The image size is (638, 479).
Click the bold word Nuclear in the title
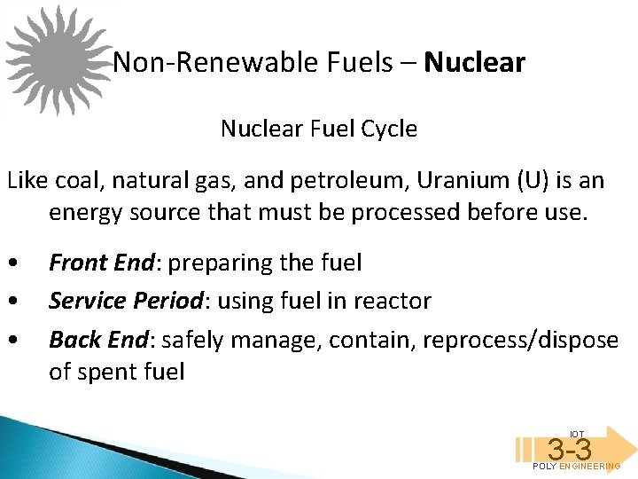[x=474, y=63]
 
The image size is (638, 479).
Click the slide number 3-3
[x=569, y=450]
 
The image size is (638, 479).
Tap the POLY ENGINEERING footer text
[x=576, y=467]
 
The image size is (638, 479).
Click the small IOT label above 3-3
[x=577, y=434]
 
